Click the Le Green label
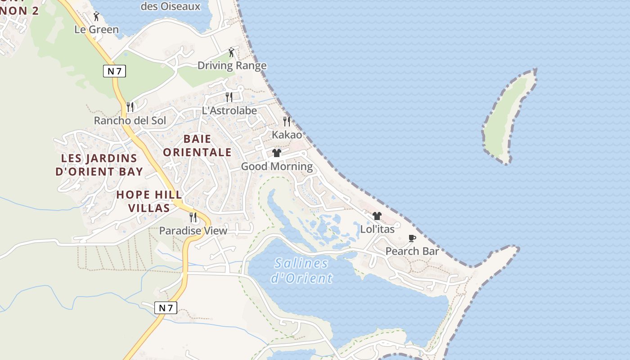point(97,30)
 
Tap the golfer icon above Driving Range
point(231,52)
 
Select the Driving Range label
point(232,66)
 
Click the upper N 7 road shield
point(114,71)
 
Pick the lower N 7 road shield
point(166,308)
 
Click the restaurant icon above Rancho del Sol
point(130,107)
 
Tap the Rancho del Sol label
point(130,121)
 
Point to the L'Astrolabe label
point(229,110)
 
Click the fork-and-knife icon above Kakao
point(286,121)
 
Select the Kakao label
point(287,135)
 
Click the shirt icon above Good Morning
point(277,153)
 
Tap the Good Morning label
point(277,166)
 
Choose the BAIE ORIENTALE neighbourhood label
point(197,145)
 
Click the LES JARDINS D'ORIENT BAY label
point(99,165)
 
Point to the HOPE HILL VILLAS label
point(149,201)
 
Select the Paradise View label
point(193,231)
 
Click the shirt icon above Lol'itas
point(377,216)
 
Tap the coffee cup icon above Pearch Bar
point(412,238)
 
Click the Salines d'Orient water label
point(301,270)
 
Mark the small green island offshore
point(509,117)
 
